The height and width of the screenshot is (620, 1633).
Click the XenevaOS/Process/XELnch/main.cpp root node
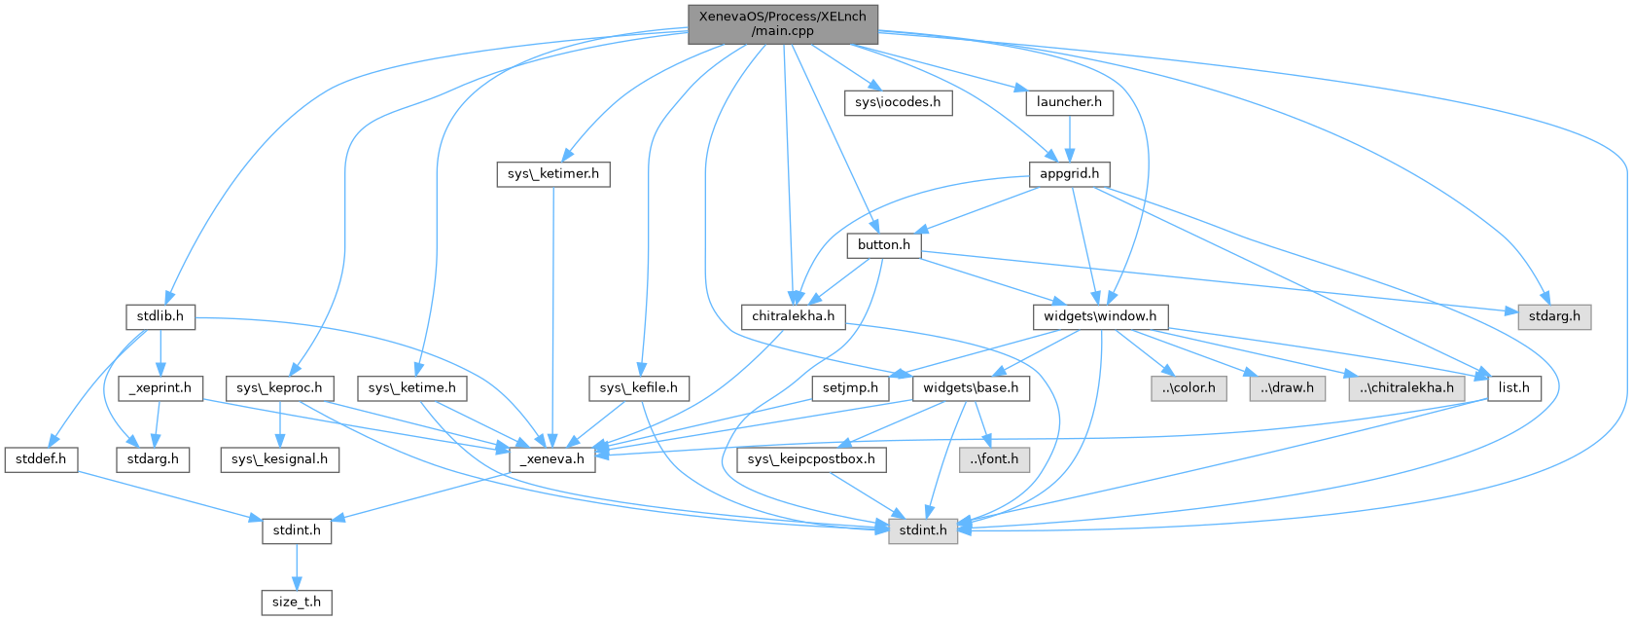pyautogui.click(x=783, y=23)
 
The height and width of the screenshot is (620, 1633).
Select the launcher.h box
pyautogui.click(x=1069, y=102)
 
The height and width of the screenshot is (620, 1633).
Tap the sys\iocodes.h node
pyautogui.click(x=898, y=102)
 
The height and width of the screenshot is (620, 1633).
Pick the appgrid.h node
pyautogui.click(x=1069, y=174)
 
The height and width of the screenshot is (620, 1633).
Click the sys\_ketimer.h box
pyautogui.click(x=553, y=174)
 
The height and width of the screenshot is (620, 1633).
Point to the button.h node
pyautogui.click(x=883, y=245)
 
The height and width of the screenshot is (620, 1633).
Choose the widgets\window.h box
pyautogui.click(x=1100, y=316)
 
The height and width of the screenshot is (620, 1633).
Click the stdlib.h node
pyautogui.click(x=160, y=316)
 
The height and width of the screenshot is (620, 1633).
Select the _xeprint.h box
pyautogui.click(x=160, y=387)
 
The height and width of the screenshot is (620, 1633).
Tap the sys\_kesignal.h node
pyautogui.click(x=279, y=458)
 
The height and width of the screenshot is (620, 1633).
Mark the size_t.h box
pyautogui.click(x=297, y=602)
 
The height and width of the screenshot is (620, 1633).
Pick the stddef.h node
pyautogui.click(x=41, y=458)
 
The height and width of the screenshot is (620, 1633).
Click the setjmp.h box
pyautogui.click(x=850, y=387)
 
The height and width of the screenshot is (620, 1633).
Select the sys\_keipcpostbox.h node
pyautogui.click(x=811, y=458)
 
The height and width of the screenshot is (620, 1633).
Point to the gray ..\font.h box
pyautogui.click(x=993, y=458)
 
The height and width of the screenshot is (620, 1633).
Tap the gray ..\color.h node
pyautogui.click(x=1188, y=387)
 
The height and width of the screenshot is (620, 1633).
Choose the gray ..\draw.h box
pyautogui.click(x=1287, y=387)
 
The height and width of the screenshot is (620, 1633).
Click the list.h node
pyautogui.click(x=1513, y=387)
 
